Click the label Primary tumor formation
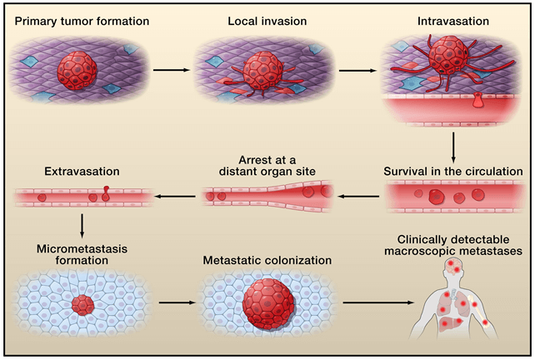click(82, 21)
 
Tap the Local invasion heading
click(267, 21)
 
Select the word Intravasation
click(453, 21)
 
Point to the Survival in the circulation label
click(453, 171)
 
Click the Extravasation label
click(82, 171)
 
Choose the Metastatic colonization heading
click(267, 260)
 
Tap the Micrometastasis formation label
click(82, 254)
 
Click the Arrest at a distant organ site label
click(267, 166)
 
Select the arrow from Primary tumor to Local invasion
click(172, 70)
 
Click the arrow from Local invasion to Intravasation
click(357, 71)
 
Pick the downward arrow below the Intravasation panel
click(453, 147)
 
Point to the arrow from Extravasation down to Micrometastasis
click(82, 226)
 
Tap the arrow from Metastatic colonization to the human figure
click(378, 302)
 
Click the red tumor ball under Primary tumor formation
click(77, 71)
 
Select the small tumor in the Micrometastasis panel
click(82, 305)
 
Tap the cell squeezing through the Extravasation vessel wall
click(106, 193)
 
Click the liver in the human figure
click(450, 323)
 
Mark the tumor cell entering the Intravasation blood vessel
click(477, 100)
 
